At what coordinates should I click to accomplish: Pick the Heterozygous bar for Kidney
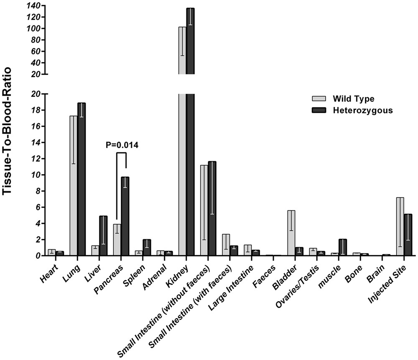click(190, 125)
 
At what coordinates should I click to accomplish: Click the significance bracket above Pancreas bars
click(121, 153)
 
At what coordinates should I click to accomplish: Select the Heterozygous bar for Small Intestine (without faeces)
click(212, 208)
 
